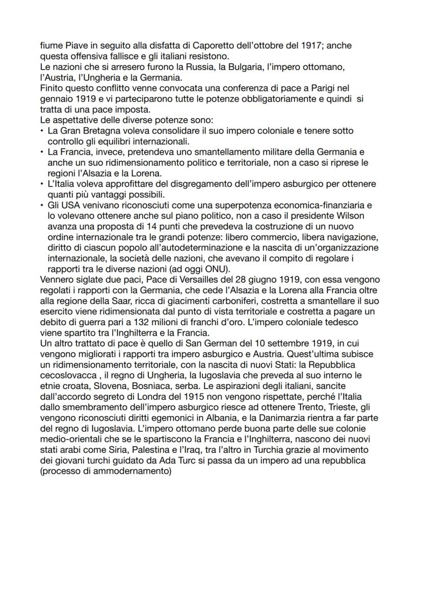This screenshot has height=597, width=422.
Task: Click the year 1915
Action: (x=203, y=396)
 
